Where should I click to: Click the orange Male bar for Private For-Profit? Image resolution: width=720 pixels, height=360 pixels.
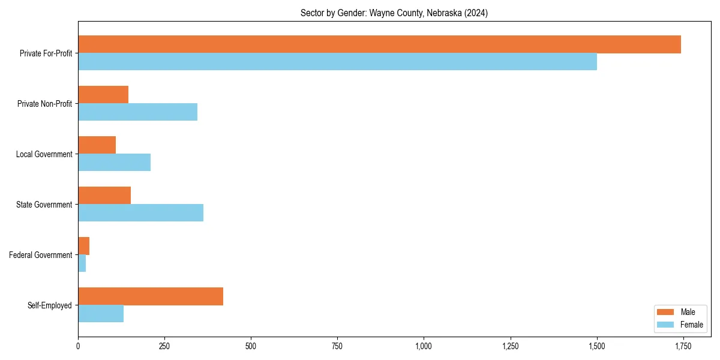point(379,44)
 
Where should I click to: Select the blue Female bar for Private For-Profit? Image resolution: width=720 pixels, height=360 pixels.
point(337,62)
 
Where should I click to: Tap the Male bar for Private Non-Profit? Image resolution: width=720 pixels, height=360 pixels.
point(103,95)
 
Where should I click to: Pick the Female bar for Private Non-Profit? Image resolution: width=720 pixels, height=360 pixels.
point(137,112)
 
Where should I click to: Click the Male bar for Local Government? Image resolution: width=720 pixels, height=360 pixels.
point(97,145)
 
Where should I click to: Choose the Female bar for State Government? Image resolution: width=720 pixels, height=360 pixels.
point(140,213)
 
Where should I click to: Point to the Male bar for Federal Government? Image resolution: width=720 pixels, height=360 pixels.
point(83,246)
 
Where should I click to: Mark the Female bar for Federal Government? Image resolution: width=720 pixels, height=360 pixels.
point(82,263)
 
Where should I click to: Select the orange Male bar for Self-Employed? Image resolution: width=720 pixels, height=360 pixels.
point(151,296)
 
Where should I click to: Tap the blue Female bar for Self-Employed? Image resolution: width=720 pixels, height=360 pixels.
point(101,314)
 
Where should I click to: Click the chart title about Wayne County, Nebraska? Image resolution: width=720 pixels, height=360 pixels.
point(394,13)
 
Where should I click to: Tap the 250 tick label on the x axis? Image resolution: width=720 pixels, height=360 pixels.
point(164,346)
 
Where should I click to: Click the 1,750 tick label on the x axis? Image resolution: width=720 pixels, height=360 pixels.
point(683,346)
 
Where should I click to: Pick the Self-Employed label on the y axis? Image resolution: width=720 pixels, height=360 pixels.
point(49,305)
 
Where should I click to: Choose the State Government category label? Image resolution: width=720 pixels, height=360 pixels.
point(44,205)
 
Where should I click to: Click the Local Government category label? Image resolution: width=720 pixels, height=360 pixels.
point(44,154)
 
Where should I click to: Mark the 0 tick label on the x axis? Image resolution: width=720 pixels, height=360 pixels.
point(78,346)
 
